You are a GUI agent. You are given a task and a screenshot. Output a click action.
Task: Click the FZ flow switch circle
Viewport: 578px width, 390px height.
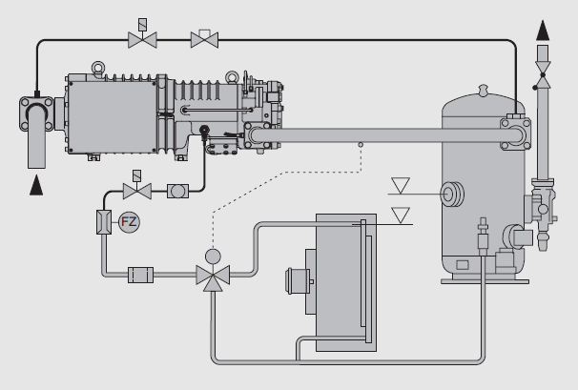(x=128, y=223)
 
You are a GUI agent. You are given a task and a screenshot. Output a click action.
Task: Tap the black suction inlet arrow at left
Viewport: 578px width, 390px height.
(x=37, y=187)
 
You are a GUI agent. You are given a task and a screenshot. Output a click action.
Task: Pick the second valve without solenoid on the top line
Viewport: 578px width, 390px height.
(x=203, y=39)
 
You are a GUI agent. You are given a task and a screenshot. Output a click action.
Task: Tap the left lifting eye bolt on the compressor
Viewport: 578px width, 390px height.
(x=96, y=68)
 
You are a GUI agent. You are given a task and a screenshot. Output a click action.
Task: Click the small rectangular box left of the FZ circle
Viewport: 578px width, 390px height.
(x=104, y=223)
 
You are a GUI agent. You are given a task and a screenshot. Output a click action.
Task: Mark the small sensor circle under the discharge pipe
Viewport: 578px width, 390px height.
(x=360, y=146)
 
